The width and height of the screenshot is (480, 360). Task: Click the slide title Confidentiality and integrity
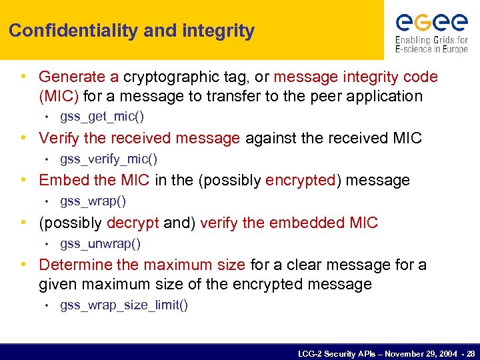click(x=131, y=31)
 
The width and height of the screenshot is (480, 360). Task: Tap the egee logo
click(x=431, y=23)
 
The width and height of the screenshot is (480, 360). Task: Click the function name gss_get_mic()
click(x=102, y=117)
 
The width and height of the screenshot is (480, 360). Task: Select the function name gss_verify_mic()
click(x=109, y=159)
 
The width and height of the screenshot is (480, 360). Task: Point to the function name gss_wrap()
click(x=93, y=201)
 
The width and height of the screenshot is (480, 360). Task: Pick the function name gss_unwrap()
click(x=100, y=243)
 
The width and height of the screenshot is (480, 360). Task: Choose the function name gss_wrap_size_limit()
click(x=124, y=305)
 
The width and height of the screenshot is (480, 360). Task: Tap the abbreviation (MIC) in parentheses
click(x=59, y=96)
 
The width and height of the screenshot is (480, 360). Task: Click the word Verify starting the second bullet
click(x=58, y=138)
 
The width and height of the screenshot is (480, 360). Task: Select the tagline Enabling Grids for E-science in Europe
click(x=431, y=45)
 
